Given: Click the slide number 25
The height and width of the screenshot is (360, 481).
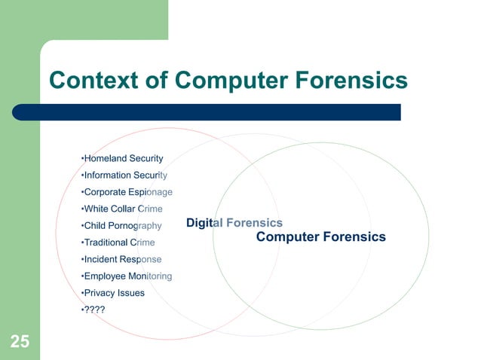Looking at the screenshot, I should (x=20, y=342).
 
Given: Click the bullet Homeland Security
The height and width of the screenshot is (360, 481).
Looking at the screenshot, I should (x=122, y=159).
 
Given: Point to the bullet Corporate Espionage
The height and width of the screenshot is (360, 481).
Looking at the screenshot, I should (x=126, y=192).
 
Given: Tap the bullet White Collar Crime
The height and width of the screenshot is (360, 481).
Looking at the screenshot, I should (x=121, y=209).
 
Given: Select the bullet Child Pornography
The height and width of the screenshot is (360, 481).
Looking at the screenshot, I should (x=121, y=226).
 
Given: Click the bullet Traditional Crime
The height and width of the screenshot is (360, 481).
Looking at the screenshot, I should (x=118, y=243).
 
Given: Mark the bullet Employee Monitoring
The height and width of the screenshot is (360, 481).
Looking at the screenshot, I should (x=126, y=276).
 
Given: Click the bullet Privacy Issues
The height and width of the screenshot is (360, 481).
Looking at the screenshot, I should (x=112, y=292).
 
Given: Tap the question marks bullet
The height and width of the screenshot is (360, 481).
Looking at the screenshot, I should (x=93, y=310).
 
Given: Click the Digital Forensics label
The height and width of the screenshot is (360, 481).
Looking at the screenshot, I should (x=234, y=223).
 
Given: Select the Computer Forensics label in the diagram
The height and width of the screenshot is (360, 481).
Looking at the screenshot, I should (x=320, y=237).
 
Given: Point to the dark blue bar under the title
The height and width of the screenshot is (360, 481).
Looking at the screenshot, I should (x=219, y=112).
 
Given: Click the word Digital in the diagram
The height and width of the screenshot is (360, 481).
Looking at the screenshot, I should (x=201, y=223).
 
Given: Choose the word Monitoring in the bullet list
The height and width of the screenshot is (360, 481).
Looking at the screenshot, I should (x=149, y=276).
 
